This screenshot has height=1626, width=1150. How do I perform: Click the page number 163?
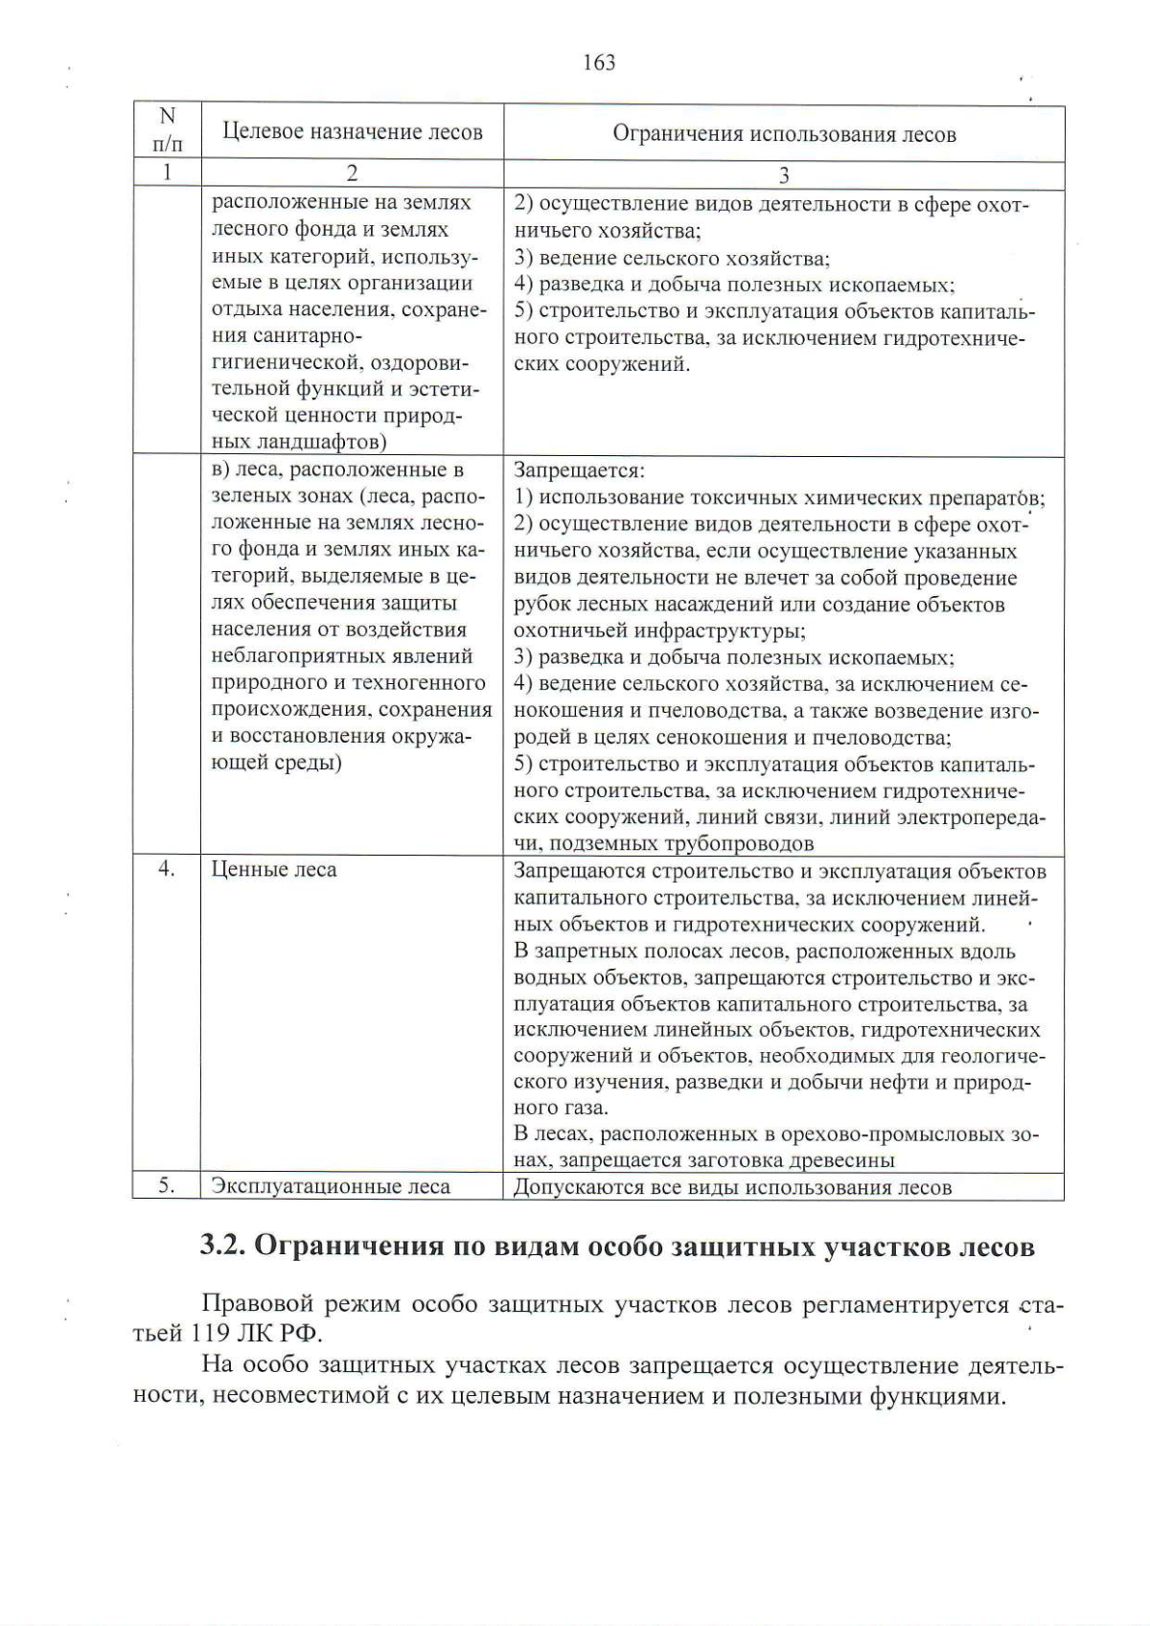point(598,63)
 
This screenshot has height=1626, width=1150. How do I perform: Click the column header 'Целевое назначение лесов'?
point(352,132)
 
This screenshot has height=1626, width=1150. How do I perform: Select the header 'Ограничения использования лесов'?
point(784,134)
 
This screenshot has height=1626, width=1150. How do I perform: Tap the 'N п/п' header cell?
point(167,130)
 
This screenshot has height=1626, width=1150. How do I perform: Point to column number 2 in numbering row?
point(352,173)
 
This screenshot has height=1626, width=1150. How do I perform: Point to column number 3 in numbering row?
point(784,175)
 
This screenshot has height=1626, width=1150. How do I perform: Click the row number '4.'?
point(167,869)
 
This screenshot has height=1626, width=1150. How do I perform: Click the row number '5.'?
point(167,1186)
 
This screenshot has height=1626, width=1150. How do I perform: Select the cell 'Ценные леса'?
point(274,870)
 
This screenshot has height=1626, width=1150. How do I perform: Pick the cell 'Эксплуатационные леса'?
point(331,1187)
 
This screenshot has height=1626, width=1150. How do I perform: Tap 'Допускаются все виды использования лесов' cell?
point(732,1188)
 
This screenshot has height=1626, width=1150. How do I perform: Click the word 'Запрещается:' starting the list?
point(579,470)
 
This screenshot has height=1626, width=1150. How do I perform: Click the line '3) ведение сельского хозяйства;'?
point(672,258)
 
